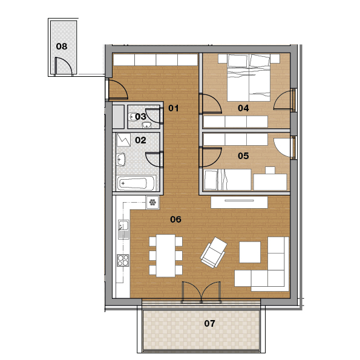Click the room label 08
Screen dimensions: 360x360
[x=62, y=47]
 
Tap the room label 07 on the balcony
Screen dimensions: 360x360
[x=209, y=324]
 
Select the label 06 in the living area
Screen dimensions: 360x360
[x=175, y=220]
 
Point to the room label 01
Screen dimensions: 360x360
[x=173, y=108]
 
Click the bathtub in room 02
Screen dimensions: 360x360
[x=136, y=183]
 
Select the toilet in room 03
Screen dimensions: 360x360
[x=132, y=117]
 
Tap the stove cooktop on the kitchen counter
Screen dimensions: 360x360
[x=123, y=260]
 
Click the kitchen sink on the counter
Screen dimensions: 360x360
[x=123, y=229]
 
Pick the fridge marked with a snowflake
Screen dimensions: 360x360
[x=152, y=203]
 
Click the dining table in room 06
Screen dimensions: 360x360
[x=166, y=256]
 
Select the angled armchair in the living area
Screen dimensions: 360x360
[x=214, y=252]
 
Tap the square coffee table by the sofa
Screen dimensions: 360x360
[x=250, y=252]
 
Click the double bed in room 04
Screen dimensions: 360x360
[x=249, y=77]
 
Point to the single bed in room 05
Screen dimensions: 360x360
[x=227, y=180]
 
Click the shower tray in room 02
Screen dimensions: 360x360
[x=124, y=140]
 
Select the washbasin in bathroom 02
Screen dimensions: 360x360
[x=121, y=159]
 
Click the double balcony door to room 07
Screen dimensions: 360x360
[x=201, y=292]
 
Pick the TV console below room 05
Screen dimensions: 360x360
[x=239, y=203]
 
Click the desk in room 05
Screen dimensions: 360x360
[x=270, y=182]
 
